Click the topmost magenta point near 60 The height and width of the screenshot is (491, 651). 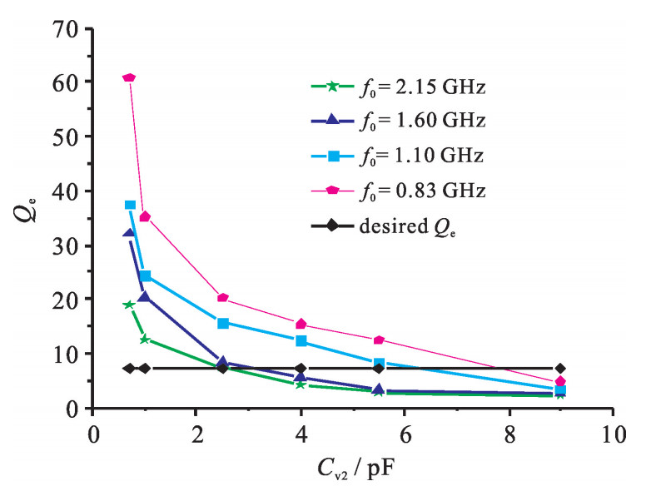point(129,77)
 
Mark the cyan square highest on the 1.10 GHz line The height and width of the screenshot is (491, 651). point(130,205)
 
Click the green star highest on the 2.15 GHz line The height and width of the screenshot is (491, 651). point(129,305)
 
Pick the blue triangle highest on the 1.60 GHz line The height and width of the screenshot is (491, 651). point(129,234)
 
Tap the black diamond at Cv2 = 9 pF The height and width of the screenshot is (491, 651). point(560,368)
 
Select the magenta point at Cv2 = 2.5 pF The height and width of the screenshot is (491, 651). point(222,298)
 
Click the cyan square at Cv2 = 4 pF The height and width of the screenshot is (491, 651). point(301,341)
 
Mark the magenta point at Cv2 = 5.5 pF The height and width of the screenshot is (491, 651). point(379,340)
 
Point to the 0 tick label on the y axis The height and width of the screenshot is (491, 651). point(73,409)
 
